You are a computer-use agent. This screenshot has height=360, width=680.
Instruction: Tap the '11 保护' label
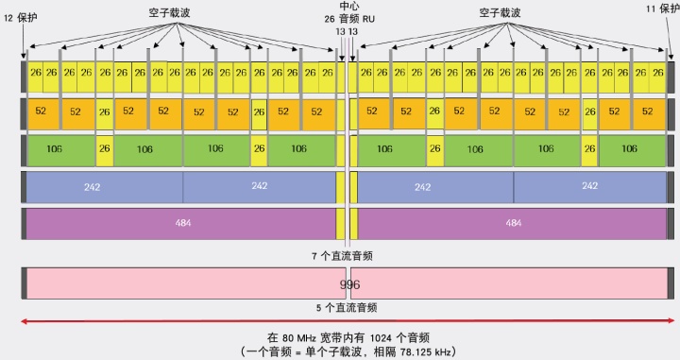[x=660, y=9]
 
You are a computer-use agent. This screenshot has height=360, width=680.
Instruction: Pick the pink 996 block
[x=348, y=283]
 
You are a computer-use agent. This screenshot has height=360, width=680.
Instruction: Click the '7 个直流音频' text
[x=346, y=255]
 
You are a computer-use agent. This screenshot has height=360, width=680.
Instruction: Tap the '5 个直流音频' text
[x=346, y=307]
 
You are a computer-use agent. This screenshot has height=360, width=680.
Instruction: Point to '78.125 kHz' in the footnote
[x=424, y=351]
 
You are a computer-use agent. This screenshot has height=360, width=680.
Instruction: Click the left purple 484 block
[x=181, y=224]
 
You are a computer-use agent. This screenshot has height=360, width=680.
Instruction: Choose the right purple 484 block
[x=513, y=224]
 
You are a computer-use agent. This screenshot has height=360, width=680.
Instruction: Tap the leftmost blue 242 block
[x=92, y=187]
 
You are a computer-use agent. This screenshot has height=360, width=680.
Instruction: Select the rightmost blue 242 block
[x=590, y=187]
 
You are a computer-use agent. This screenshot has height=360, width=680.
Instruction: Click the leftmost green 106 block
[x=60, y=149]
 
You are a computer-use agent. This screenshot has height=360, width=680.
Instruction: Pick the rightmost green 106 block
[x=632, y=149]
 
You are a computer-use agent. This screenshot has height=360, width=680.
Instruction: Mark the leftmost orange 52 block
[x=41, y=111]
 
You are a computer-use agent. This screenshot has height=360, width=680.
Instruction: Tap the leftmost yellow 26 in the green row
[x=104, y=149]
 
